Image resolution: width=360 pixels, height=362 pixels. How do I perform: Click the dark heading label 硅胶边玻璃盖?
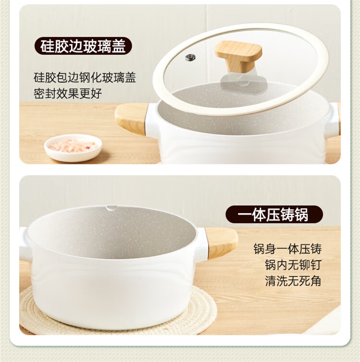(83, 46)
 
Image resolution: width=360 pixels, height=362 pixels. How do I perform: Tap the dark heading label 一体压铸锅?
(274, 215)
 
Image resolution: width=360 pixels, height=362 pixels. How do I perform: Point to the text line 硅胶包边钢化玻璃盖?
(85, 78)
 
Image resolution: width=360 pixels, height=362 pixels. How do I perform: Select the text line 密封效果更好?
(67, 93)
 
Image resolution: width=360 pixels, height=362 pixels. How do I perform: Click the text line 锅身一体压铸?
(288, 249)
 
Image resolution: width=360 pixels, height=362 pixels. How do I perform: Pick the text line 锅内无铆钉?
(293, 265)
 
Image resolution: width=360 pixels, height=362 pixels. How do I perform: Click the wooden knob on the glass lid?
(238, 56)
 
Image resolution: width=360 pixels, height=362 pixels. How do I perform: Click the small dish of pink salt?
(73, 148)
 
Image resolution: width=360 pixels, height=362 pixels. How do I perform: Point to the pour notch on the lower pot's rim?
(111, 208)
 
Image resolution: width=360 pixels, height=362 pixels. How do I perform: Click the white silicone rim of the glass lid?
(161, 93)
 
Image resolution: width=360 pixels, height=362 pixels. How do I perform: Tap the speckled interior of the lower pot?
(111, 233)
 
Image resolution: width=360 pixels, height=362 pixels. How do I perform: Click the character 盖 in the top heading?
(118, 46)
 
